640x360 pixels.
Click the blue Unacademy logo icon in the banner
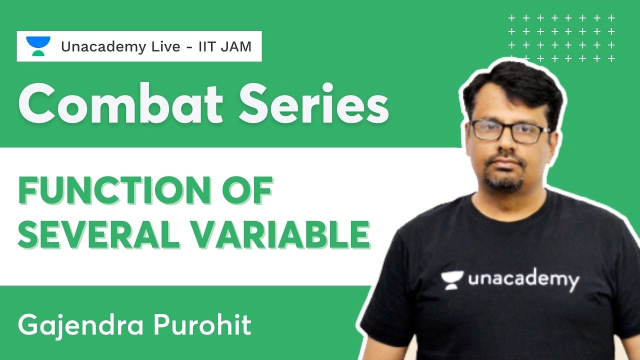click(x=38, y=46)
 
